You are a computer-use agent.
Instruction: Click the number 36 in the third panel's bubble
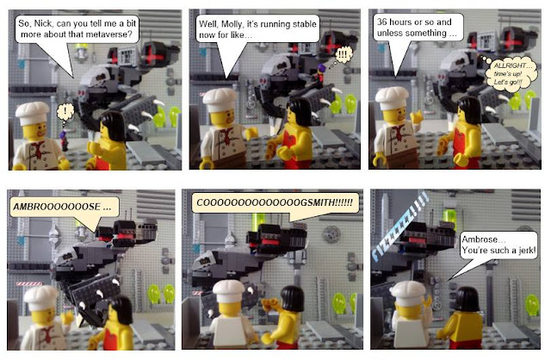click(382, 22)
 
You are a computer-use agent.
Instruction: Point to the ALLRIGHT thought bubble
click(511, 74)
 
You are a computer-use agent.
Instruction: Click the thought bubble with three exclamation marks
click(343, 55)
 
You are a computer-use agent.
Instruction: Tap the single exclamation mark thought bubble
click(65, 113)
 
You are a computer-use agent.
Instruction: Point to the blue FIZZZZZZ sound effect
click(399, 227)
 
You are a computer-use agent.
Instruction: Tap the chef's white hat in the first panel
click(32, 113)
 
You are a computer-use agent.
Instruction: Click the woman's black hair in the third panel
click(469, 109)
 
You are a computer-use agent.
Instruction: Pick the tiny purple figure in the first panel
click(64, 140)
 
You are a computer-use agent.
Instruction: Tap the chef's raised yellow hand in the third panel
click(417, 116)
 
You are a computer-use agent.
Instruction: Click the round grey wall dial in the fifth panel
click(331, 234)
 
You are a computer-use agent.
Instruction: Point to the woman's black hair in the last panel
click(467, 299)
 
